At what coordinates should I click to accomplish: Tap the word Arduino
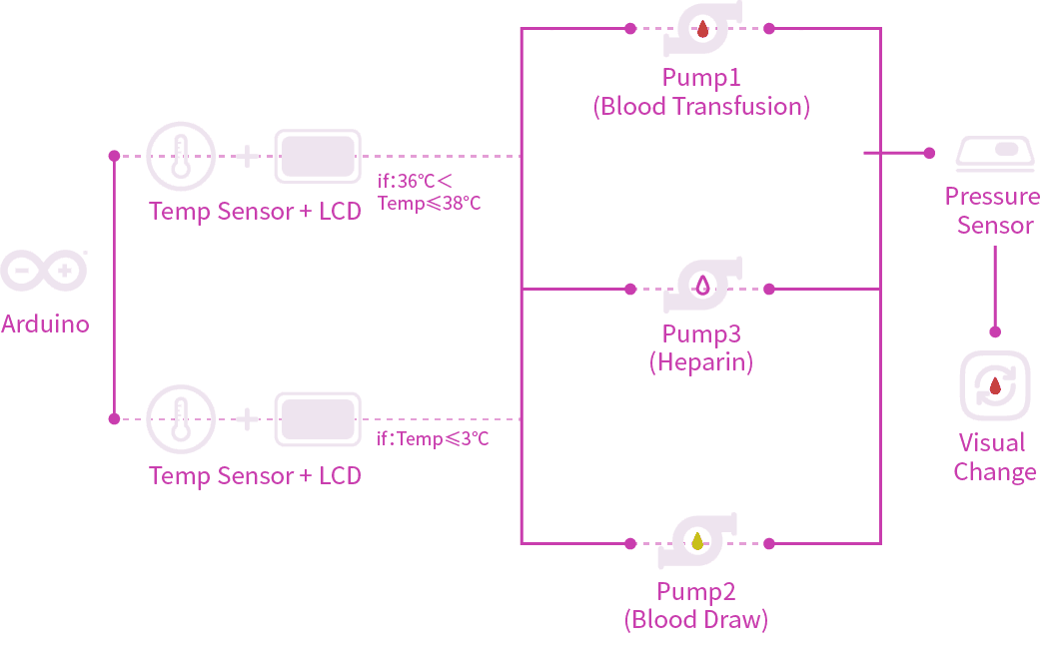coord(45,324)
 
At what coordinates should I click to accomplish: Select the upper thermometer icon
coord(181,157)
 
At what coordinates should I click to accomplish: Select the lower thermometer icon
coord(181,420)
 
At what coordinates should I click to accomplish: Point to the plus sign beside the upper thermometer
coord(247,156)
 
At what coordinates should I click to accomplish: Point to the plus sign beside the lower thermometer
coord(247,419)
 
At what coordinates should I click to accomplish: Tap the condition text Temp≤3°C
coord(433,438)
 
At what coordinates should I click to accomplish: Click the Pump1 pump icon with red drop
coord(701,30)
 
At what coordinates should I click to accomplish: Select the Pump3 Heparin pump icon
coord(701,288)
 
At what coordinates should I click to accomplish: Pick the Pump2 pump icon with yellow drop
coord(698,542)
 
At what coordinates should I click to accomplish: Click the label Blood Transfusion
coord(701,107)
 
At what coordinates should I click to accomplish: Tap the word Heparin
coord(701,361)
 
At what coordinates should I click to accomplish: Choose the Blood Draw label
coord(696,620)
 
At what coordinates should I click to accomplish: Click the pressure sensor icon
coord(999,152)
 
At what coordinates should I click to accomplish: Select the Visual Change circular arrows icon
coord(994,385)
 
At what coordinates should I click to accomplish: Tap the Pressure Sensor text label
coord(993,211)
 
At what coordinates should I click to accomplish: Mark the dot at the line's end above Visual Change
coord(995,332)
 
